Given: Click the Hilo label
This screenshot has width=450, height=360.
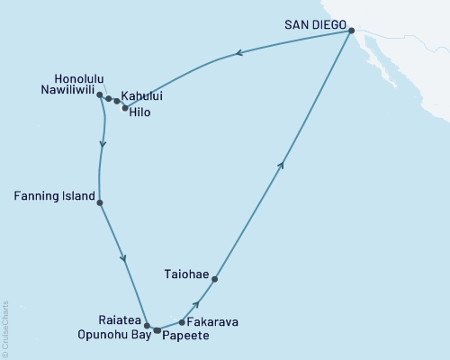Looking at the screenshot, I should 139,112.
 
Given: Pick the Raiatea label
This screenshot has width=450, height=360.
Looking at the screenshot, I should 117,318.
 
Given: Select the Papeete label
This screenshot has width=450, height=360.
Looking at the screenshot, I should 185,336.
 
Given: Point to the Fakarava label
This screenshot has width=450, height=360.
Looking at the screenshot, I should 213,321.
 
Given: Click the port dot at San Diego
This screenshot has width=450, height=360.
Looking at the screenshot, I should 351,31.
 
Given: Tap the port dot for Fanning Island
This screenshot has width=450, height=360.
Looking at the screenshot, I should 100,202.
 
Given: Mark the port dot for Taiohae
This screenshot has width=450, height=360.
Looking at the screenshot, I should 214,279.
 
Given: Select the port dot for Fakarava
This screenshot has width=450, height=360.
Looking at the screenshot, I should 182,321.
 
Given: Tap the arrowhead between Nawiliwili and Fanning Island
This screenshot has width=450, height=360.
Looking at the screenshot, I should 103,144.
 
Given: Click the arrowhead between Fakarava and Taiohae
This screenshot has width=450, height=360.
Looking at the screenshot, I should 196,305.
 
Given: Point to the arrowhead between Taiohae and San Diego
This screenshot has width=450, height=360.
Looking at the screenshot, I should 283,163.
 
